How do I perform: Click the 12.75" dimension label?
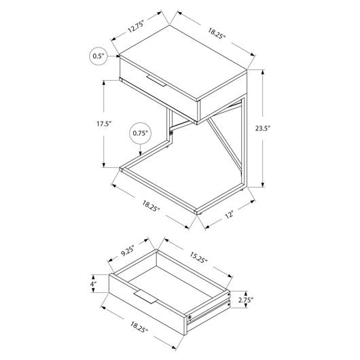(136, 27)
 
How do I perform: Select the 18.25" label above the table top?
(217, 33)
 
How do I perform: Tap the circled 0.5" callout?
(98, 56)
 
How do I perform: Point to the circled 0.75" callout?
(141, 133)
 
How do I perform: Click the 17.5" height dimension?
(103, 124)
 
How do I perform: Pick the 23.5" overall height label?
(263, 128)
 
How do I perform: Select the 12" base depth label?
(229, 215)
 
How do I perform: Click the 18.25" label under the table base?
(151, 206)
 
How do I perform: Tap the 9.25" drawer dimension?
(128, 250)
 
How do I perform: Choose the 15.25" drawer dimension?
(198, 258)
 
